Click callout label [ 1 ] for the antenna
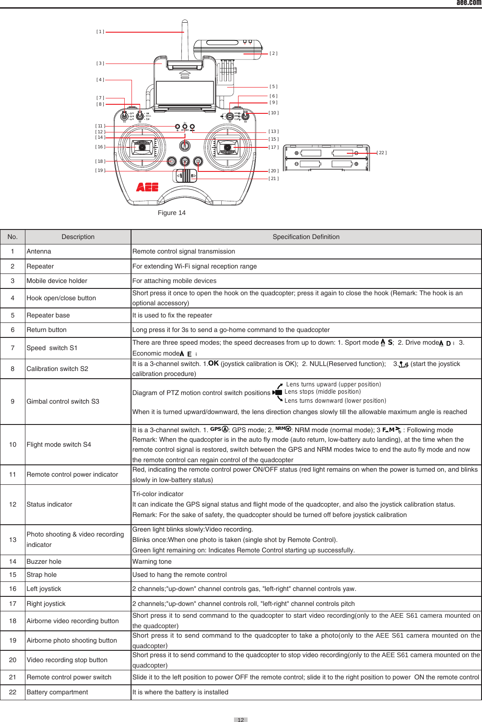(x=100, y=32)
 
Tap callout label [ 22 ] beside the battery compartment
(x=382, y=153)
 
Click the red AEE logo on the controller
(x=147, y=187)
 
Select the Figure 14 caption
(x=171, y=213)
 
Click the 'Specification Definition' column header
(x=306, y=237)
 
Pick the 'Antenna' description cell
(x=39, y=251)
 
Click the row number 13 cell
(x=13, y=540)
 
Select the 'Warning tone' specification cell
(x=152, y=561)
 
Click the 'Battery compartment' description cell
(x=57, y=692)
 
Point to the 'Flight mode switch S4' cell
(x=58, y=444)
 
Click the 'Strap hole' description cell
(x=42, y=575)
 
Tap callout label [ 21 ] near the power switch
(x=273, y=179)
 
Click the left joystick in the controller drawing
(x=141, y=147)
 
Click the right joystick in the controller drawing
(x=227, y=147)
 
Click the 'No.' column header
(x=13, y=237)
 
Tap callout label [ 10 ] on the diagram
(x=273, y=113)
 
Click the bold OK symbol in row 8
(x=214, y=363)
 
